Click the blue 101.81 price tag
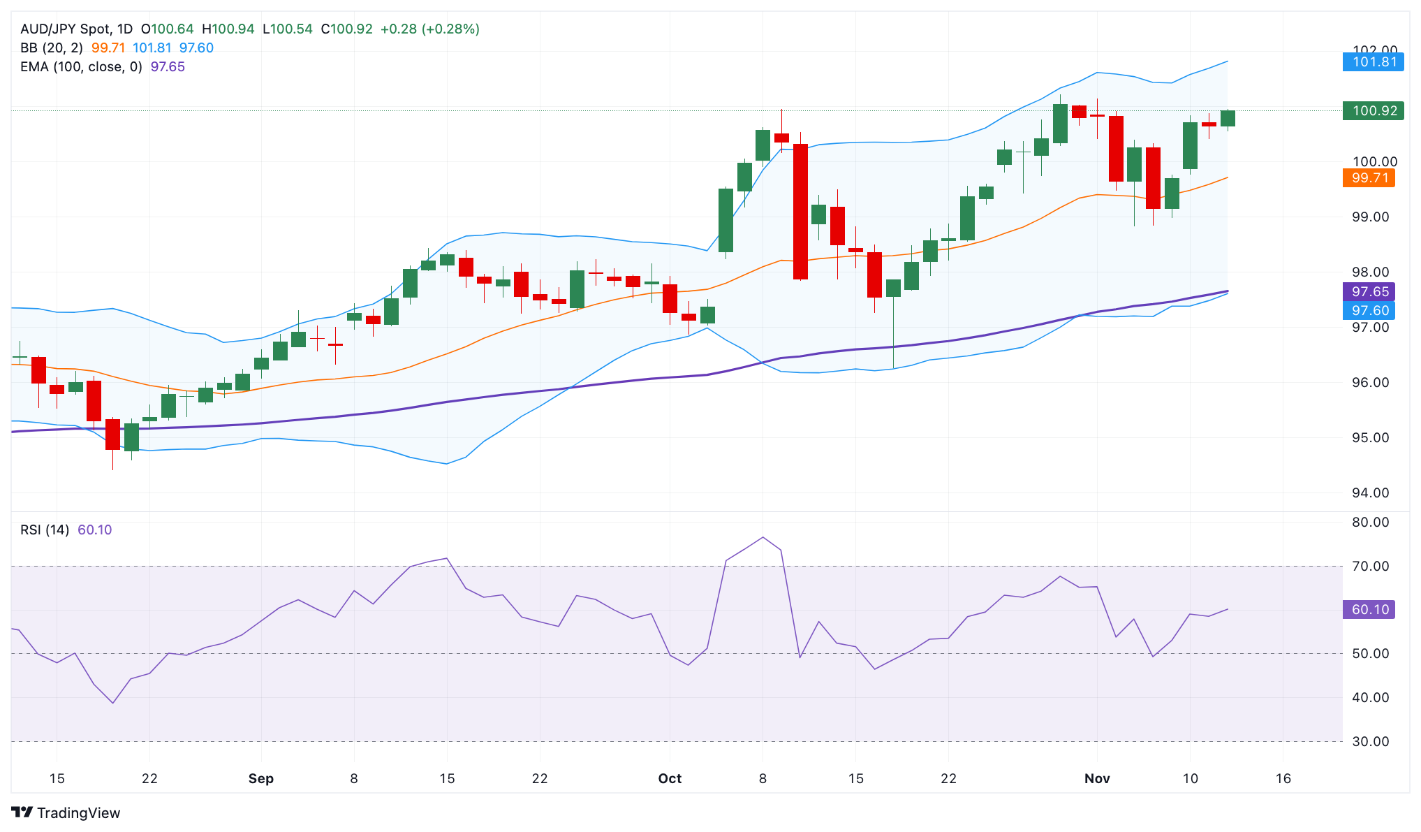click(x=1373, y=62)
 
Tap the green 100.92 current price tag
click(x=1373, y=110)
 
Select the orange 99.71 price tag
click(x=1369, y=178)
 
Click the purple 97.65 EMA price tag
click(x=1369, y=292)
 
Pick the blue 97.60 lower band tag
click(x=1369, y=311)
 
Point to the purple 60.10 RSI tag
click(x=1369, y=610)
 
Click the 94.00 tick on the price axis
click(x=1370, y=493)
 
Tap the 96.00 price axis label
click(x=1370, y=383)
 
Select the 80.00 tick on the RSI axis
click(x=1370, y=523)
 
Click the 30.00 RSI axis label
click(x=1370, y=742)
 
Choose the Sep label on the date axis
click(x=261, y=779)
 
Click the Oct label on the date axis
click(x=670, y=779)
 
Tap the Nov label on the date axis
click(x=1097, y=779)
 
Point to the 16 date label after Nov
click(x=1283, y=779)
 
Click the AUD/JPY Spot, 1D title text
click(x=76, y=29)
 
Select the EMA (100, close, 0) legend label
click(x=81, y=67)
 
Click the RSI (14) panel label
click(x=45, y=530)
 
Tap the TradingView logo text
click(x=78, y=813)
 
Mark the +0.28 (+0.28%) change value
click(x=429, y=29)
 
